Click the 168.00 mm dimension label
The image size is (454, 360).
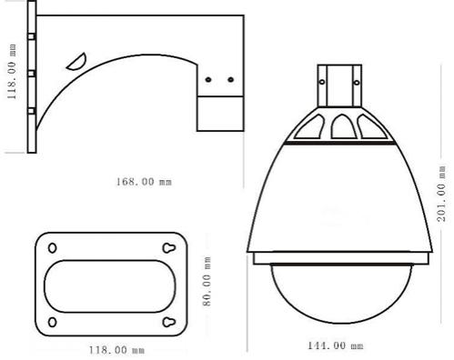point(144,182)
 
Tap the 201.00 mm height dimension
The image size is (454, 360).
point(441,193)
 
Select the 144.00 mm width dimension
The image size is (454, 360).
point(336,345)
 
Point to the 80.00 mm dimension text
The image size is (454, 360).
point(207,281)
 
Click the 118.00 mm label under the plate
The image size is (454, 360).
point(116,350)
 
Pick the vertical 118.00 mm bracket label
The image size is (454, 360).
point(12,72)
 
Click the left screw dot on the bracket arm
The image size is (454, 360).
point(208,80)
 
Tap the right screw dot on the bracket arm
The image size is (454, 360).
point(231,80)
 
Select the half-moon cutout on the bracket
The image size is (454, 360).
point(77,64)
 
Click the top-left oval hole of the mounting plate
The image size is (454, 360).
point(53,248)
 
